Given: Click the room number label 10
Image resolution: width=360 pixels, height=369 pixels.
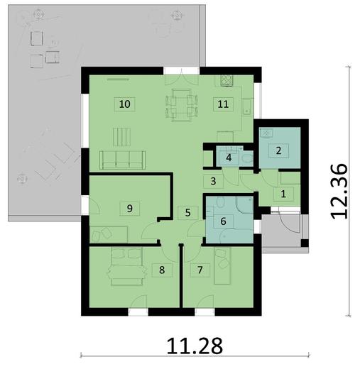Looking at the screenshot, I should pyautogui.click(x=125, y=104).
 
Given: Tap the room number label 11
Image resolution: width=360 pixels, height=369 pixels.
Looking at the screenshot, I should pyautogui.click(x=223, y=104).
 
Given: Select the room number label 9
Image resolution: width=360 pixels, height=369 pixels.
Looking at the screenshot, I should pyautogui.click(x=129, y=208).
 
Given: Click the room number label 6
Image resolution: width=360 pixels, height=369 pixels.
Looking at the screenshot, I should pyautogui.click(x=223, y=221).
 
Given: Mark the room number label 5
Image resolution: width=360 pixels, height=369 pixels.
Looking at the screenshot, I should pyautogui.click(x=187, y=211).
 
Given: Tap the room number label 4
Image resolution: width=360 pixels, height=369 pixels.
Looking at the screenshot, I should pyautogui.click(x=229, y=158).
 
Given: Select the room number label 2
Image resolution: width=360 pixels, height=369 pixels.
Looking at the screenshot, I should pyautogui.click(x=279, y=150).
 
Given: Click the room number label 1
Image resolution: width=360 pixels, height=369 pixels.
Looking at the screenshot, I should pyautogui.click(x=283, y=193).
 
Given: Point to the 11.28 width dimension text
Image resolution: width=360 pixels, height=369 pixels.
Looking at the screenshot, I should pyautogui.click(x=195, y=346).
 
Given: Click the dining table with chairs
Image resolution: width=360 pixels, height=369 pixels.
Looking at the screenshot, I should pyautogui.click(x=181, y=104).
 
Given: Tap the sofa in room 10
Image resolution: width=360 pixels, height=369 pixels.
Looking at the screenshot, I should pyautogui.click(x=124, y=160).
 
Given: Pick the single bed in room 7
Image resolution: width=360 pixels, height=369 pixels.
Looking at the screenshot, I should pyautogui.click(x=224, y=272).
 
